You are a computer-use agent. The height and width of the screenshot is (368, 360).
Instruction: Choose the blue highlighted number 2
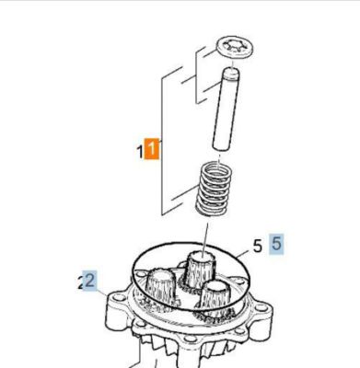tap(90, 278)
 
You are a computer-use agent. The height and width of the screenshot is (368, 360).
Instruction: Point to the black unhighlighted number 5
tap(258, 246)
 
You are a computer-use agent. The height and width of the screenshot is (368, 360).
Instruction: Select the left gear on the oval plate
tap(160, 287)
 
